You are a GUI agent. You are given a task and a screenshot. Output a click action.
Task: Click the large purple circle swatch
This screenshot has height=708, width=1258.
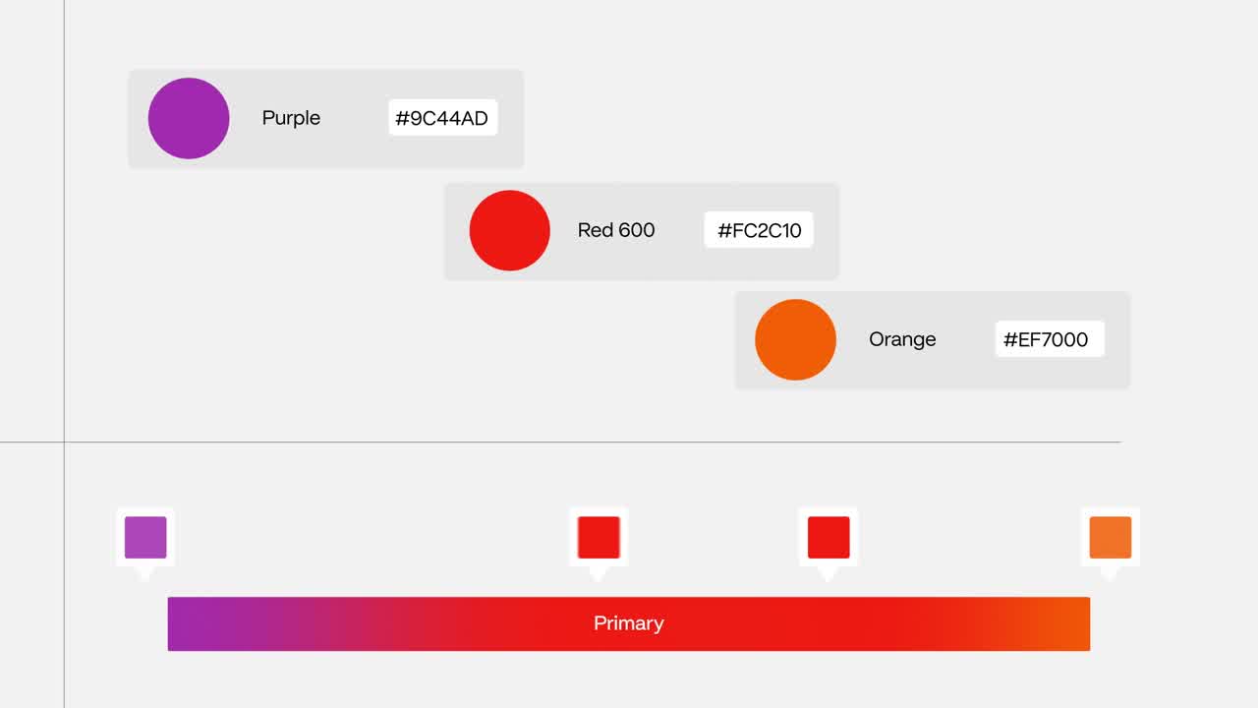click(189, 119)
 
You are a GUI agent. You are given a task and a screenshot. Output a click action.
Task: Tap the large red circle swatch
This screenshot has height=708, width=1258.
click(509, 230)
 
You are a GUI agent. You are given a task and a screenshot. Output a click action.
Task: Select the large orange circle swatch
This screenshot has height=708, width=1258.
click(795, 340)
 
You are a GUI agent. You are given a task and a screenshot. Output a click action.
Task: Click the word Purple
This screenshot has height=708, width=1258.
click(291, 118)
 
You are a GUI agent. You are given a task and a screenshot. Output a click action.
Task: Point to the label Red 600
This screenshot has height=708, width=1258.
click(616, 230)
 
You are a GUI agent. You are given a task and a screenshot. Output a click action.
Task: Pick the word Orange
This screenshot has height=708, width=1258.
click(902, 339)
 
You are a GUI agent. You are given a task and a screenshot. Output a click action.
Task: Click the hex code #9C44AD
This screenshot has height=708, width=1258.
click(442, 118)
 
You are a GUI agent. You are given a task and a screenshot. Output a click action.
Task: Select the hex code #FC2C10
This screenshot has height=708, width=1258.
click(760, 230)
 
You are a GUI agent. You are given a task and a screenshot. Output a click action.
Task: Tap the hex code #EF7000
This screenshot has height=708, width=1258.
click(1046, 339)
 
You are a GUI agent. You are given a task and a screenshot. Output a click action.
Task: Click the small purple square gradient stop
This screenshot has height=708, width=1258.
click(145, 537)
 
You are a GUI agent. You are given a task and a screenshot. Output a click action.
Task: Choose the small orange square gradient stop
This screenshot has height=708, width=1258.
click(1111, 537)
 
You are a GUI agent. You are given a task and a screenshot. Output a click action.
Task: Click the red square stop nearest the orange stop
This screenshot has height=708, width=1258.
click(829, 537)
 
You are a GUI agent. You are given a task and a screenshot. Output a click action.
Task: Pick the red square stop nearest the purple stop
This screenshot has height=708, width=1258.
click(599, 537)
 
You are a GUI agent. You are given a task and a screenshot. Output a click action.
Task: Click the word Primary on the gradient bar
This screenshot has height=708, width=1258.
click(628, 623)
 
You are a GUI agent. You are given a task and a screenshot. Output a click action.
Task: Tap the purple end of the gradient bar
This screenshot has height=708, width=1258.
click(169, 623)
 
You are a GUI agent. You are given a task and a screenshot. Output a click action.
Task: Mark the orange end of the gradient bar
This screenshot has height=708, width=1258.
click(1088, 623)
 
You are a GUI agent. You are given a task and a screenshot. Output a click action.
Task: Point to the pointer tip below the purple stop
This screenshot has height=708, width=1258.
click(144, 580)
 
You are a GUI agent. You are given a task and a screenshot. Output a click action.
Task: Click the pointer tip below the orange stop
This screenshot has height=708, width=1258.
click(1110, 580)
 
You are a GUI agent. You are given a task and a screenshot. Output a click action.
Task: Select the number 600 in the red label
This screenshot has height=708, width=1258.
click(636, 230)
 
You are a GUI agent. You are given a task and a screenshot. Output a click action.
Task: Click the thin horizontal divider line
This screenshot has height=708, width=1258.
click(560, 442)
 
